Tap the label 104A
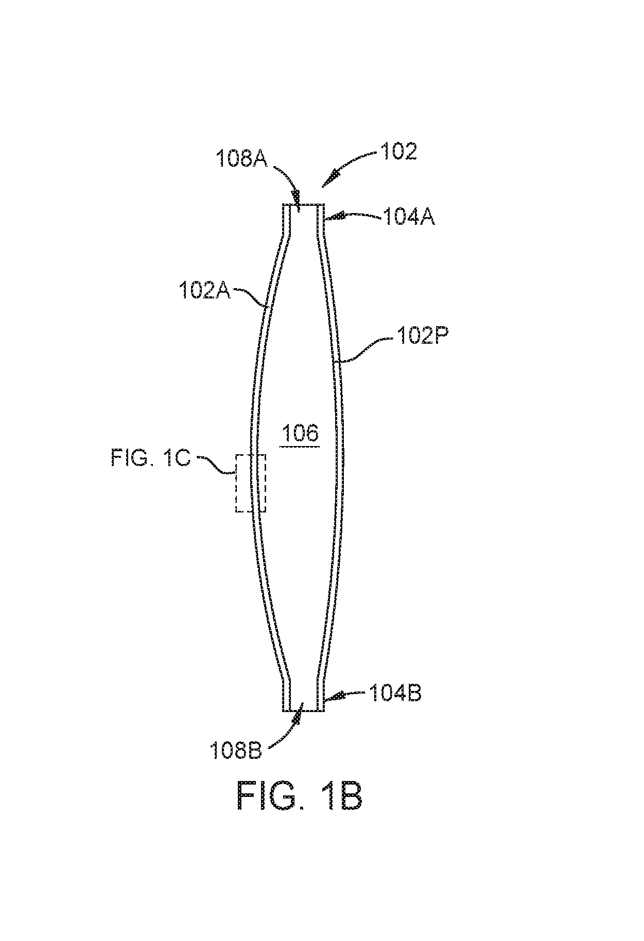[409, 217]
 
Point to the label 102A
[205, 291]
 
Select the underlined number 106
[301, 433]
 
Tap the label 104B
[395, 694]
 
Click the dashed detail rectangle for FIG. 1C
[236, 483]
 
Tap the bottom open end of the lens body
[303, 711]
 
